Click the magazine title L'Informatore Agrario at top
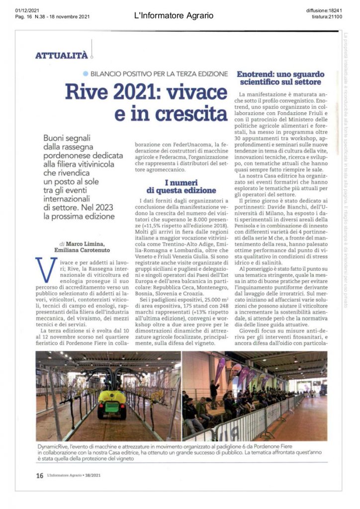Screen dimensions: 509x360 coord(174,16)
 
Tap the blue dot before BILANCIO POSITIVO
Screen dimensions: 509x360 coord(86,74)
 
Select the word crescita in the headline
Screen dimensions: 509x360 coord(185,114)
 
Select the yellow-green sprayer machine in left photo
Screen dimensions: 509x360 coord(112,400)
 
